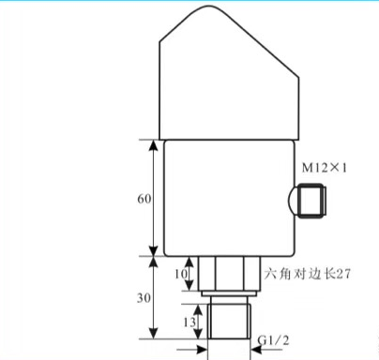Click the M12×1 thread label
pyautogui.click(x=325, y=168)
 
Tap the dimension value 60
pyautogui.click(x=144, y=199)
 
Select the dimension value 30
pyautogui.click(x=144, y=298)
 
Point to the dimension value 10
pyautogui.click(x=181, y=274)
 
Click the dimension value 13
pyautogui.click(x=189, y=322)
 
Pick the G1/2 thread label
pyautogui.click(x=274, y=340)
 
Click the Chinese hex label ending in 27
pyautogui.click(x=308, y=274)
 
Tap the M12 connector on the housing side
pyautogui.click(x=312, y=201)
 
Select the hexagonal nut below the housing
pyautogui.click(x=229, y=274)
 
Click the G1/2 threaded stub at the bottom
pyautogui.click(x=229, y=322)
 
